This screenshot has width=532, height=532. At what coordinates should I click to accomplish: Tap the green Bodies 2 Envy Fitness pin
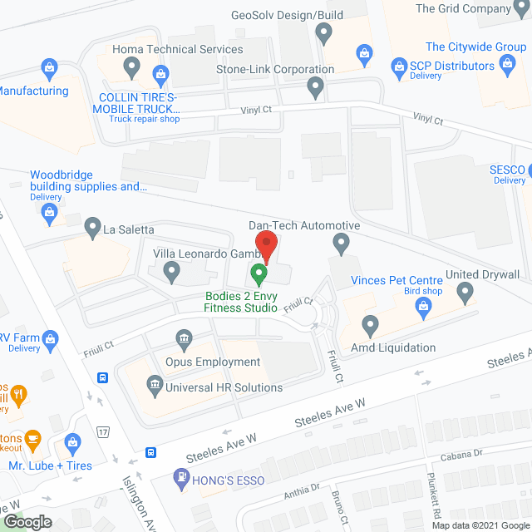[x=259, y=272]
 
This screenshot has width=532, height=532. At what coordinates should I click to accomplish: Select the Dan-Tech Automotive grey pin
[x=340, y=244]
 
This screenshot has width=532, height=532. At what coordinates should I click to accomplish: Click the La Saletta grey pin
[x=92, y=225]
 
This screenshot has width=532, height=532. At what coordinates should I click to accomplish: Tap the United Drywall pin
[x=465, y=292]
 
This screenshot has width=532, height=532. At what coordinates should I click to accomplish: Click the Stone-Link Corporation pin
[x=315, y=86]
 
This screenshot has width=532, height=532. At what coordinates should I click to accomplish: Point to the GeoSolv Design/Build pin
[x=324, y=33]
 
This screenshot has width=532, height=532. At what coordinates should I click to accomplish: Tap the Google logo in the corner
[x=27, y=521]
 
